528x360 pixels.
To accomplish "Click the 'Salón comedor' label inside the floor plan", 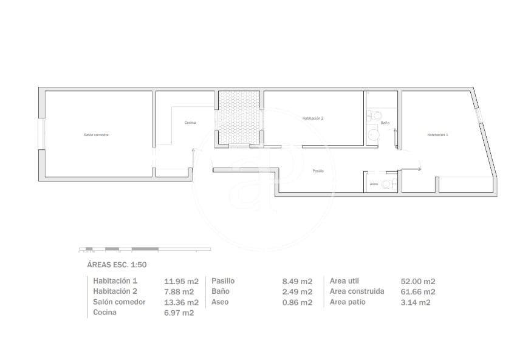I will (x=96, y=134).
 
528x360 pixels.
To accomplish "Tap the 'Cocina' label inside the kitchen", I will (x=190, y=123).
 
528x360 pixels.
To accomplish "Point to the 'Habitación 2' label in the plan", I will (x=313, y=118).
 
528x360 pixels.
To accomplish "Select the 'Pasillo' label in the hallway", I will (x=318, y=171).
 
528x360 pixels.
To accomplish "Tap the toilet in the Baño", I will (x=376, y=115).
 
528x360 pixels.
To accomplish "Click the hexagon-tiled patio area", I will (x=239, y=117).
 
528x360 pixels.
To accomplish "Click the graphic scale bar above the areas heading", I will (x=145, y=249).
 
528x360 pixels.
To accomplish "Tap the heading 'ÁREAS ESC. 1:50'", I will (x=117, y=265).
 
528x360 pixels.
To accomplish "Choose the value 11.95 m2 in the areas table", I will (x=181, y=282).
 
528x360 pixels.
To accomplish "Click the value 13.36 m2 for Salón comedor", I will (x=181, y=302).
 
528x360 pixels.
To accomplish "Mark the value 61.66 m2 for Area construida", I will (x=418, y=292).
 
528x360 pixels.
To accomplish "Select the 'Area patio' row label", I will (x=348, y=302).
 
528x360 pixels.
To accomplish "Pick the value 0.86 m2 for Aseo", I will (x=297, y=302).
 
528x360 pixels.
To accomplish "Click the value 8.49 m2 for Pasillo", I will (x=297, y=282).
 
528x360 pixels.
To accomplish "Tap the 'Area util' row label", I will (x=345, y=281).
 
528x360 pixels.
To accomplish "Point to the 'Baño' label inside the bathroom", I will (x=385, y=123).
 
